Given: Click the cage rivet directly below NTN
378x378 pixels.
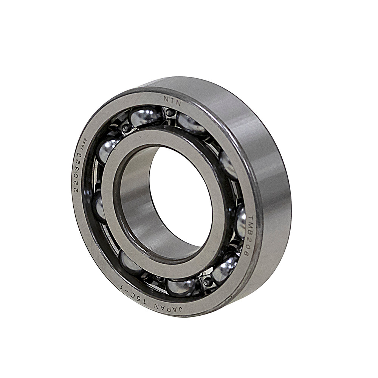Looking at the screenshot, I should click(x=170, y=113).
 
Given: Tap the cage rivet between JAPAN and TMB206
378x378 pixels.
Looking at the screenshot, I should click(x=207, y=282).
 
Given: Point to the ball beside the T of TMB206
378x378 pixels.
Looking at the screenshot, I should click(x=241, y=221).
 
